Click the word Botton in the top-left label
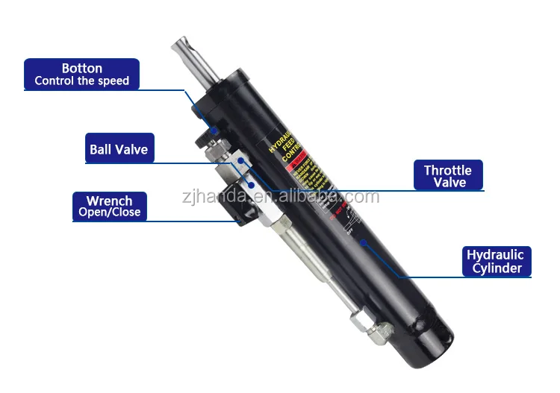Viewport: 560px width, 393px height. point(82,68)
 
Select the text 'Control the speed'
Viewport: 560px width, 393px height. point(82,81)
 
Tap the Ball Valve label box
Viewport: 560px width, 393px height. point(119,149)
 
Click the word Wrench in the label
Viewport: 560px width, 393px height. point(109,201)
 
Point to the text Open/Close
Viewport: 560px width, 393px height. point(109,213)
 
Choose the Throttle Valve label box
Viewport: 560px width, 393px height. point(448,177)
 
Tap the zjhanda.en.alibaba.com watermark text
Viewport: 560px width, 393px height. point(280,198)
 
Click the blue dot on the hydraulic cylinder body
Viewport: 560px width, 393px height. point(363,243)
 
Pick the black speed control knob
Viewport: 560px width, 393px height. point(203,139)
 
